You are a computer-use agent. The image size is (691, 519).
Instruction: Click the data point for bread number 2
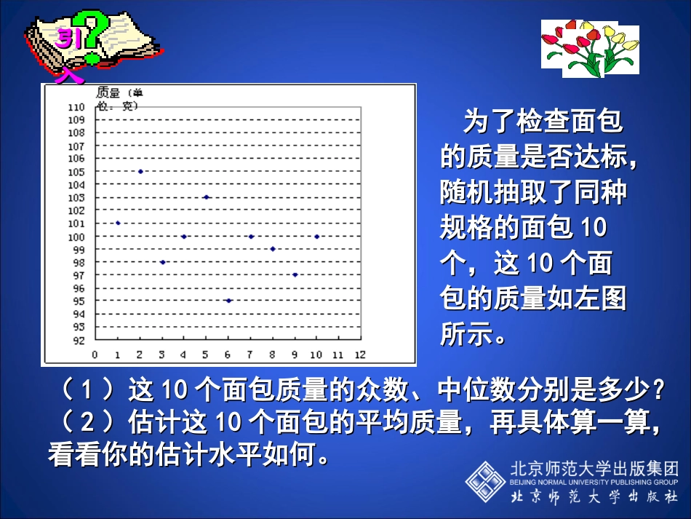coord(140,172)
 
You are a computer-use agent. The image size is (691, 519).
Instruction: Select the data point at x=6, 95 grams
coord(228,301)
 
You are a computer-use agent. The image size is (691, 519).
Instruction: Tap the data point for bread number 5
coord(206,197)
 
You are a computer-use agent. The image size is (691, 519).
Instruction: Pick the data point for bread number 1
coord(118,223)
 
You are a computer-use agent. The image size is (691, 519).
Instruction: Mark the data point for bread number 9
coord(295,274)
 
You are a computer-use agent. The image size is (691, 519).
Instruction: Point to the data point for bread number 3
coord(162,262)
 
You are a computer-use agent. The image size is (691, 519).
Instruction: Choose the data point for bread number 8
coord(273,249)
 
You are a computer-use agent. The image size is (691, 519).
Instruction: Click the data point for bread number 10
coord(316,237)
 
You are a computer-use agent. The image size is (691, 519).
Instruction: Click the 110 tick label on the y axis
coord(76,107)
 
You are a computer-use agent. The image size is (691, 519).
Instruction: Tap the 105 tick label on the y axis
coord(76,172)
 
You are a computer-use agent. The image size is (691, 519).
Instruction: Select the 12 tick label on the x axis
coord(359,355)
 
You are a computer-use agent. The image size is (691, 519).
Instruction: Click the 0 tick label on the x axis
coord(95,355)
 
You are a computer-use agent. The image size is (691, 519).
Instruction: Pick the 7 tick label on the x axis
coord(249,355)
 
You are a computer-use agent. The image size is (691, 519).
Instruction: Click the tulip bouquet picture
coord(590,47)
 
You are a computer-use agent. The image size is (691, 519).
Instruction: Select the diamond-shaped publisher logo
coord(485,481)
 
